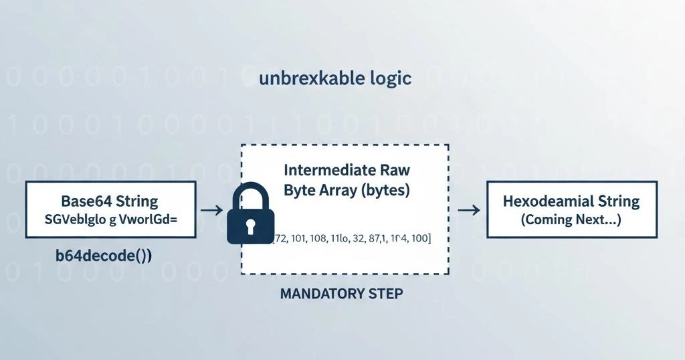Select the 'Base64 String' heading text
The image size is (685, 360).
pyautogui.click(x=109, y=201)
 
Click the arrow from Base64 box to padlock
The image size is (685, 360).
pyautogui.click(x=212, y=210)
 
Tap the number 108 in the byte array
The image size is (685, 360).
pyautogui.click(x=320, y=238)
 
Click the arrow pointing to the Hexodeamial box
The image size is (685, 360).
pyautogui.click(x=469, y=210)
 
